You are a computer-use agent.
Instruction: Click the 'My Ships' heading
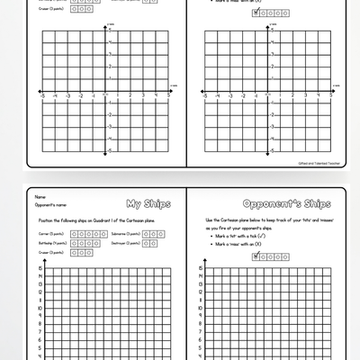[144, 202]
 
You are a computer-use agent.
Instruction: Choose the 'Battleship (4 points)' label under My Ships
[52, 243]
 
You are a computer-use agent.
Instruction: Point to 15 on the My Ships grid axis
[39, 269]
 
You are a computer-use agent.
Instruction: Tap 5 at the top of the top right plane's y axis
[265, 40]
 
